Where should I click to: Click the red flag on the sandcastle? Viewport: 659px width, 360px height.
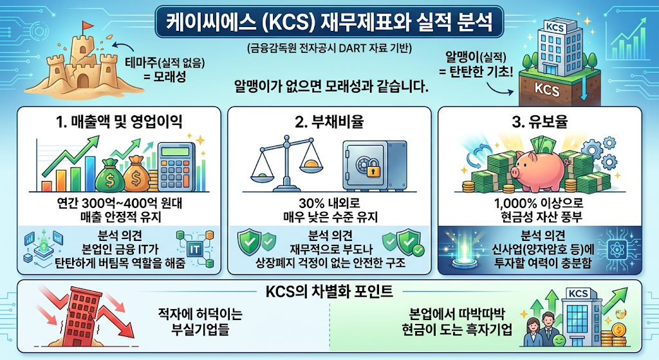point(88,26)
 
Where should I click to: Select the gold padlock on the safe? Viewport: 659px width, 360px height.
point(373,171)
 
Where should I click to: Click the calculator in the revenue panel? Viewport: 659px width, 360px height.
point(176,167)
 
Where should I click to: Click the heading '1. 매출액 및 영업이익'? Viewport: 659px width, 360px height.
point(119,122)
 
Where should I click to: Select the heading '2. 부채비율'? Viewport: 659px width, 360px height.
point(329,122)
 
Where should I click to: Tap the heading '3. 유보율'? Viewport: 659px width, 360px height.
point(540,122)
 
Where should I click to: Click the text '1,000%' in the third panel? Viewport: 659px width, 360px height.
point(513,204)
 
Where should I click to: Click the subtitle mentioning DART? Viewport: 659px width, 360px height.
point(329,48)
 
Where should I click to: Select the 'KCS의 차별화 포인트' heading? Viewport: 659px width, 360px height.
point(329,292)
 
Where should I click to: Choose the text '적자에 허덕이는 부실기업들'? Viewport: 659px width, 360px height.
point(201,322)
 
